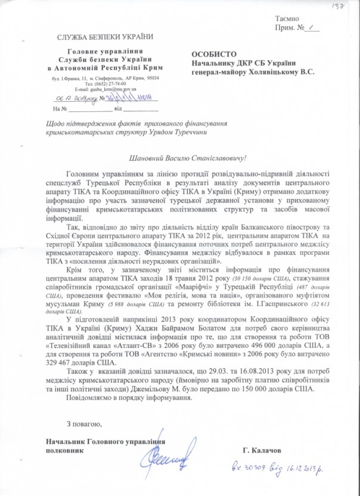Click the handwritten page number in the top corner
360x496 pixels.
click(346, 4)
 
